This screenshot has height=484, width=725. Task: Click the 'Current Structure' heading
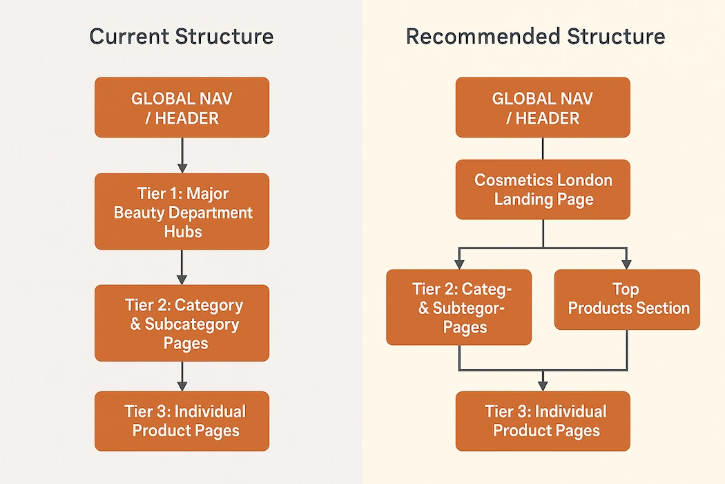182,37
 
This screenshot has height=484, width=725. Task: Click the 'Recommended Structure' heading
535,37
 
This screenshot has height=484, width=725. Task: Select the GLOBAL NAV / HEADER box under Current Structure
182,107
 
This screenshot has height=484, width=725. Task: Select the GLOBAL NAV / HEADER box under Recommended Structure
543,107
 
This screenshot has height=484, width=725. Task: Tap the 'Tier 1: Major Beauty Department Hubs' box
182,212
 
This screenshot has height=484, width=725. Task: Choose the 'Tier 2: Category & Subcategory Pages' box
182,323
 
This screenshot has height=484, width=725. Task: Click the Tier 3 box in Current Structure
182,421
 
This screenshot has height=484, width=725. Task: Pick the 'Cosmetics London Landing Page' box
543,189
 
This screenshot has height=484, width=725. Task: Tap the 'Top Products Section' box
627,299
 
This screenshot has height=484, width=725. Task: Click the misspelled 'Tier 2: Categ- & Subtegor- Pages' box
459,308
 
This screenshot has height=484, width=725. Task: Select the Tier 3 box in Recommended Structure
543,421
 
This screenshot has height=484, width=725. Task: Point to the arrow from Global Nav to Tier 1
182,156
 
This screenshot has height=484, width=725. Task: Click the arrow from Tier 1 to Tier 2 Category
182,267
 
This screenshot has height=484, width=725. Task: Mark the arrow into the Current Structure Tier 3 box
182,377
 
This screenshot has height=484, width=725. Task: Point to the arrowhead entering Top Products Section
627,263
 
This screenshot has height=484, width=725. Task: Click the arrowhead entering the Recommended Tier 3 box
543,384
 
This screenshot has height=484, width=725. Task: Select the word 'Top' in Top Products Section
626,289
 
